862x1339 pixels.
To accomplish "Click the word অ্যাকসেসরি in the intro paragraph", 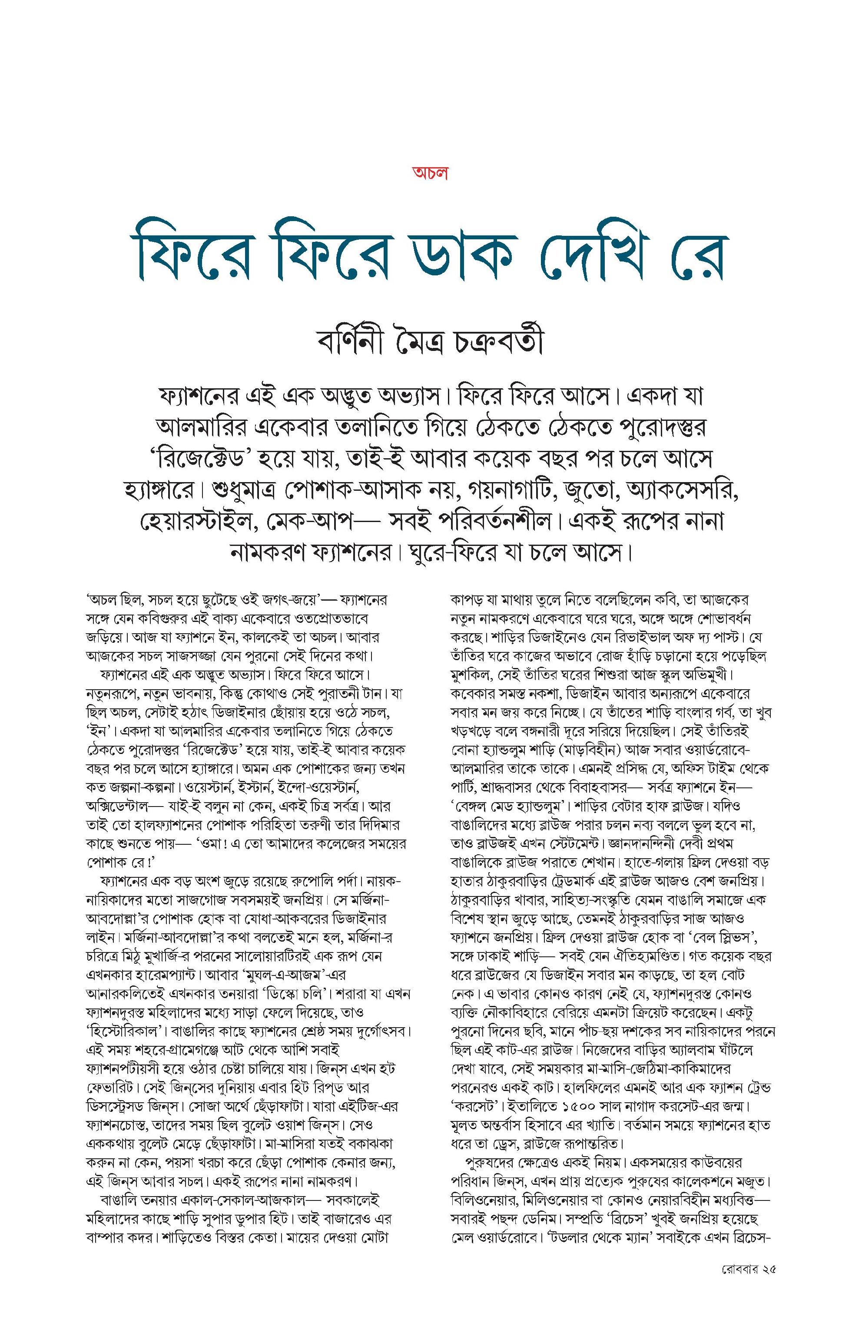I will point(683,491).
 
